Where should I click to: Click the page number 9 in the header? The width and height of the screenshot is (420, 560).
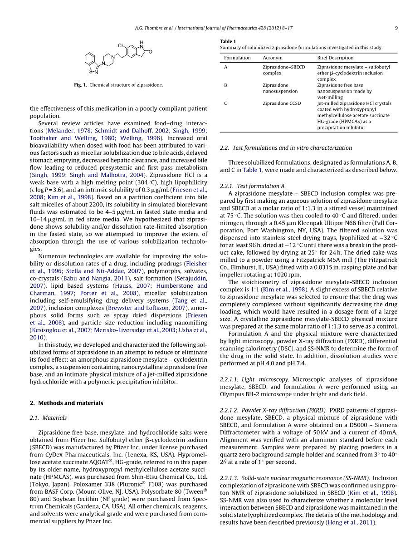[x=396, y=28]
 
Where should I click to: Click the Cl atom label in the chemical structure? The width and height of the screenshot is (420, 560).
[x=121, y=45]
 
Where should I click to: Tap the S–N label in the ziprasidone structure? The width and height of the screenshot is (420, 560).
[x=93, y=71]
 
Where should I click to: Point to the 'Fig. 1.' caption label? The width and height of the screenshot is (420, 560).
[x=80, y=85]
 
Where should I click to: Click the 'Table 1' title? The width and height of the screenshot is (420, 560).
[x=228, y=41]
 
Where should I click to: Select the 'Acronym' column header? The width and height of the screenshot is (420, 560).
[x=272, y=58]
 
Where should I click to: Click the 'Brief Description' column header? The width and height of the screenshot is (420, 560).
[x=335, y=58]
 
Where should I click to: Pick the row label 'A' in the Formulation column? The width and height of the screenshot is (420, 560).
[x=226, y=67]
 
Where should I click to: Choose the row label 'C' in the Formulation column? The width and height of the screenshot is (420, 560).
[x=226, y=103]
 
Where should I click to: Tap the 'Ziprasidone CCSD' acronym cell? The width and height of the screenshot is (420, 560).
[x=282, y=103]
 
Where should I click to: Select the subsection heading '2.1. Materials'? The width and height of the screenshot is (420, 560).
[x=48, y=418]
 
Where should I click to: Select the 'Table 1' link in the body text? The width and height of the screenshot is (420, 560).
[x=252, y=170]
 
